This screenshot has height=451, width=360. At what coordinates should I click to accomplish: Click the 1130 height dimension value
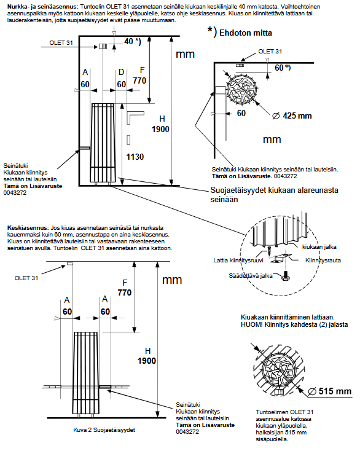135,157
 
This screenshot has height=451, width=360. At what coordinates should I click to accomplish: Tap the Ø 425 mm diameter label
292,116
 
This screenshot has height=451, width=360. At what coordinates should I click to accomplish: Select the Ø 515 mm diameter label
329,391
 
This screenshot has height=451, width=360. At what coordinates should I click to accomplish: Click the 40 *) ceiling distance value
133,42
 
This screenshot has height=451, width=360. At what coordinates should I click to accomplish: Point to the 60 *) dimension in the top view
283,68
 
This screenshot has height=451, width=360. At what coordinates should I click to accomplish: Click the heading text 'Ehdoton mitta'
246,33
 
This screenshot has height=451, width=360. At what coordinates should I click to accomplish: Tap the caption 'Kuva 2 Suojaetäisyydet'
104,430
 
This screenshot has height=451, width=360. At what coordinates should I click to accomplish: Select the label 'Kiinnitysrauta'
323,261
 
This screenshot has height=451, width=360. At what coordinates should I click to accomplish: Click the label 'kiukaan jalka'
319,247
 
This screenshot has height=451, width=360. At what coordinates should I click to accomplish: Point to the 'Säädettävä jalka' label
251,275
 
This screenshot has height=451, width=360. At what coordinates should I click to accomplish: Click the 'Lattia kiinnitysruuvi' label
238,261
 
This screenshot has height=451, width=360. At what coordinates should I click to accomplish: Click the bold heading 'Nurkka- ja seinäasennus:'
42,6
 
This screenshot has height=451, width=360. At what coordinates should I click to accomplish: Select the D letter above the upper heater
122,72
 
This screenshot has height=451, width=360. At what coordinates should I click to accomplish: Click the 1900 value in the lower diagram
147,361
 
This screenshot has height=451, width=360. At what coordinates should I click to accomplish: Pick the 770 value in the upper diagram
139,80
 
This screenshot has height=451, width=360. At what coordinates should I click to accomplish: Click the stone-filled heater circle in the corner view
241,88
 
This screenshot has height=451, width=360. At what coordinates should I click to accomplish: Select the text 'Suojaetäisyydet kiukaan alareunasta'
275,190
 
